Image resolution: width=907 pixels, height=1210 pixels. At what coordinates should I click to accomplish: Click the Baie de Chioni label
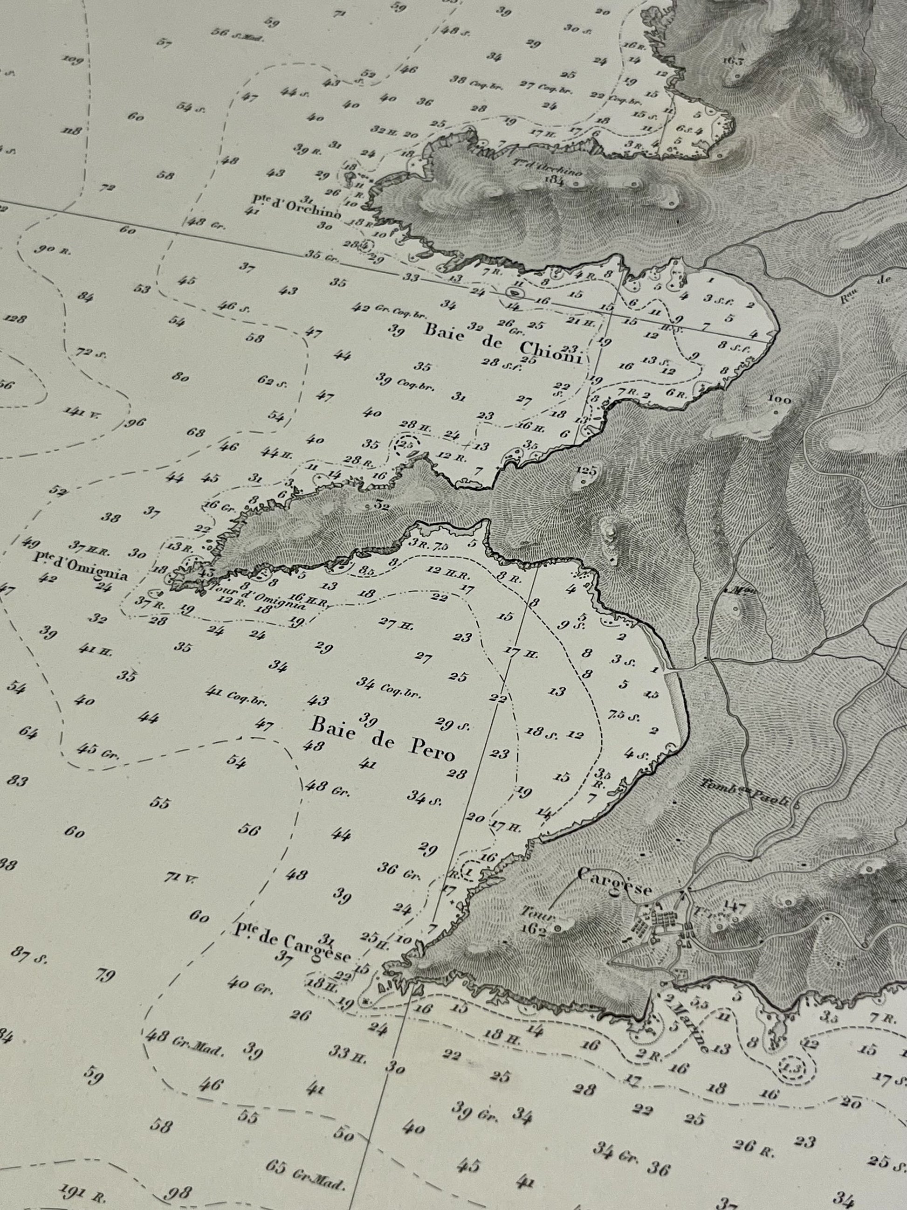502,340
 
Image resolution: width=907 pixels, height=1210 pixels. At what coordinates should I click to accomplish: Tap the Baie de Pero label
382,739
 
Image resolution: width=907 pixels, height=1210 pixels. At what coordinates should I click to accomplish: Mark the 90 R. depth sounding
53,249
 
